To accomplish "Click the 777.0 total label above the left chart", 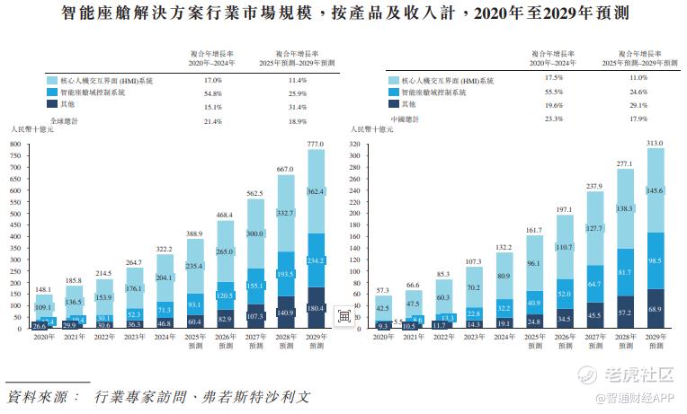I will (x=316, y=144).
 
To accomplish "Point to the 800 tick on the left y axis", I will (x=15, y=143).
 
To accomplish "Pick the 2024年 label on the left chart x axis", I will (x=165, y=337).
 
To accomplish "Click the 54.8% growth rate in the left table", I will (x=212, y=92).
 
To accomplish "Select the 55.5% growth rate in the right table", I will (x=554, y=92).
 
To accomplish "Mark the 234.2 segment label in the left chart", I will (x=316, y=261).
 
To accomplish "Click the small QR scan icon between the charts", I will (x=343, y=315).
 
